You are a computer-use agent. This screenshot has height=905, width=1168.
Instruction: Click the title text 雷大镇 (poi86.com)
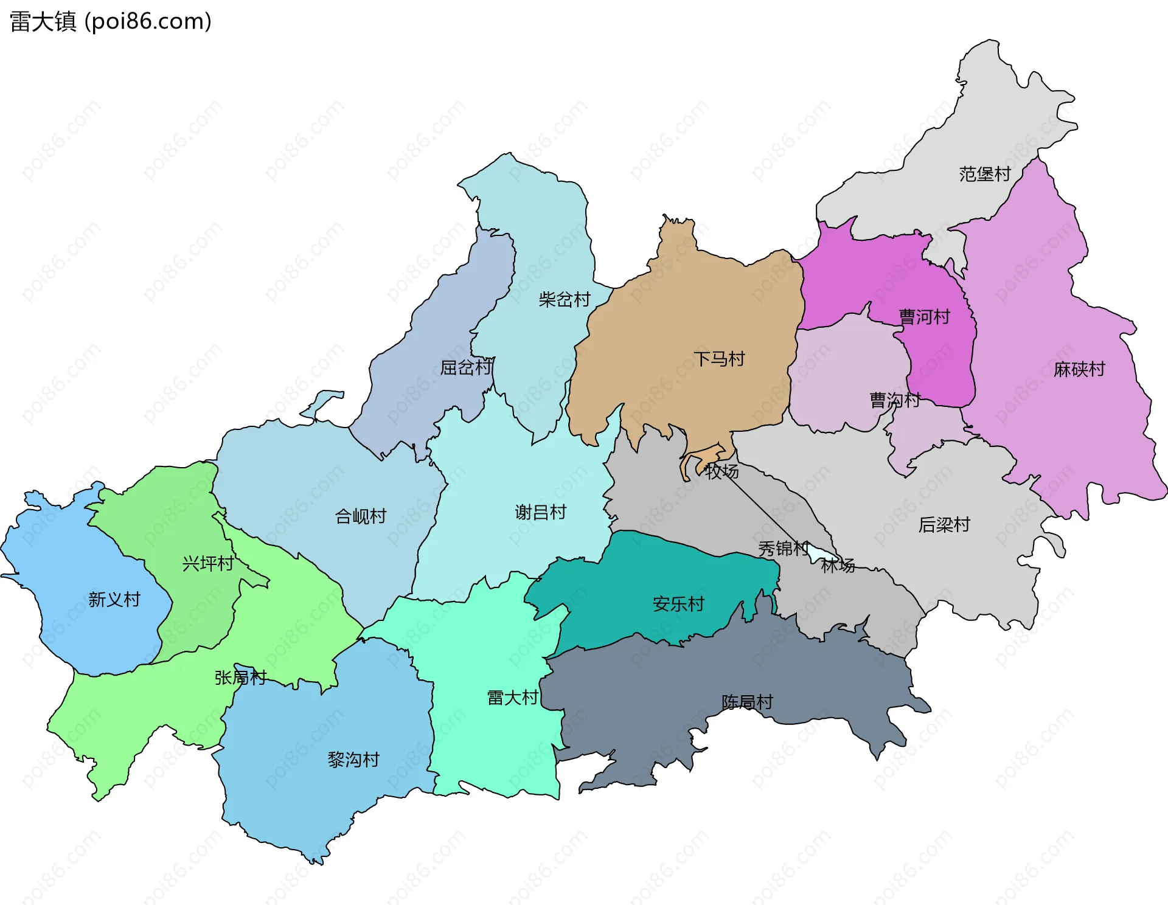(x=111, y=21)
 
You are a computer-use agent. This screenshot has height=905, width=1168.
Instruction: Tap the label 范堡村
(x=984, y=174)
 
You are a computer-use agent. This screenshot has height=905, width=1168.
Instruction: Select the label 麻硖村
(x=1079, y=369)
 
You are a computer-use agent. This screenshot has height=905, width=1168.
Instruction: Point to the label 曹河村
(x=924, y=317)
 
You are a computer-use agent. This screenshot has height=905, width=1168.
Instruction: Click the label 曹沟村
(x=894, y=400)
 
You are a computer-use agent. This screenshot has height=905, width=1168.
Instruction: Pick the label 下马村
(x=719, y=359)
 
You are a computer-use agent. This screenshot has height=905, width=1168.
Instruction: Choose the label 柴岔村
(x=564, y=299)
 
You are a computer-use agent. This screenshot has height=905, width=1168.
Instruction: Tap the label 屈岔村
(x=465, y=367)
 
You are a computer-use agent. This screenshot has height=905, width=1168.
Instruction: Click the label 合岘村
(x=361, y=516)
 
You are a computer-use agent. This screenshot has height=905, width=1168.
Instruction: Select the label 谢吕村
(x=540, y=512)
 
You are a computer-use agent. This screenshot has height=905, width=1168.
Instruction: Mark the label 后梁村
(x=944, y=524)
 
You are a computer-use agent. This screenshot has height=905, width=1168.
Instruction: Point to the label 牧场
(x=721, y=471)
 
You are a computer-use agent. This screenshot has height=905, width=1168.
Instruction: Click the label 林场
(x=838, y=566)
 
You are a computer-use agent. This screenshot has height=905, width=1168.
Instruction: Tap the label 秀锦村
(x=783, y=549)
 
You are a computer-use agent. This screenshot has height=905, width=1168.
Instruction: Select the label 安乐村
(x=678, y=604)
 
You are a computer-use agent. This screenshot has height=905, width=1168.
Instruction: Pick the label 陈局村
(x=747, y=702)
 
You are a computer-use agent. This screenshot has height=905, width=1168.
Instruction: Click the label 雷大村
(x=512, y=698)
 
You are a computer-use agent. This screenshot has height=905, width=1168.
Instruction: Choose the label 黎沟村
(x=353, y=760)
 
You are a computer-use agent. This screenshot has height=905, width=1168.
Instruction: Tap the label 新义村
(x=114, y=600)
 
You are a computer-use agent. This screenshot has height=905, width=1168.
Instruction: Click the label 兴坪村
(x=208, y=564)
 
